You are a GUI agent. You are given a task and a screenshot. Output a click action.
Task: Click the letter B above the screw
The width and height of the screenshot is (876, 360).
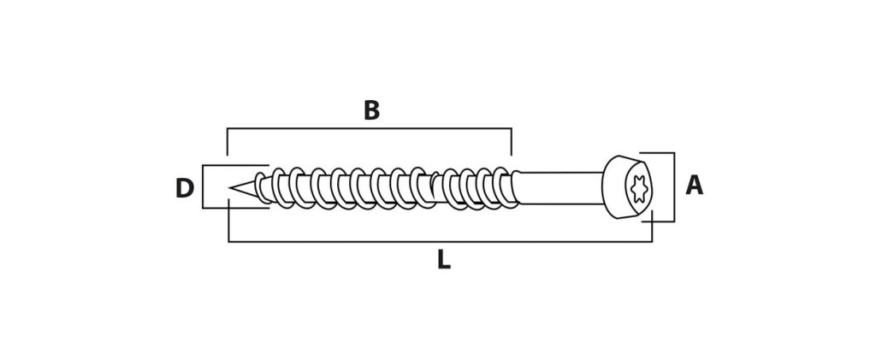point(371,110)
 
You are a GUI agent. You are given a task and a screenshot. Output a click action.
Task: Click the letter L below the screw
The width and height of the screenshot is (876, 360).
point(444,260)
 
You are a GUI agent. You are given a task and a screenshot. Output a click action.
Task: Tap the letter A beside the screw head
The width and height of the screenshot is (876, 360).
point(695,186)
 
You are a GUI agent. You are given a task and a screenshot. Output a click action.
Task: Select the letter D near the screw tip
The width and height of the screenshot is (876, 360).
point(185,189)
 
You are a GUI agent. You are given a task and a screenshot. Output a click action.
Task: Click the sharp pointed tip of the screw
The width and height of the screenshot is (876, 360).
point(230,189)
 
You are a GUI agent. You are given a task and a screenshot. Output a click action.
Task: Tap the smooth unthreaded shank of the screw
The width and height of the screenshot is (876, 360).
point(560,188)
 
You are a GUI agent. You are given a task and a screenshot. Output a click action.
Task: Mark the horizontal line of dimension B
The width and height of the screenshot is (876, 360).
point(370,129)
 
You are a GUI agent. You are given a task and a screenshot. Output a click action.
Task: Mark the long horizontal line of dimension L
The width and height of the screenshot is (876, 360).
point(441,242)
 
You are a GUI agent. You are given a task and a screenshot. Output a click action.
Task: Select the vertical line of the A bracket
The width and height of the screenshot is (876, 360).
point(674,187)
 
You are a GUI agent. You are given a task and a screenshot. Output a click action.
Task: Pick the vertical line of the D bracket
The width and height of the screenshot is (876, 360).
point(203,187)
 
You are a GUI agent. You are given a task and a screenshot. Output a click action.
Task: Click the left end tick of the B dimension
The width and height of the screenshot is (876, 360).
point(228,142)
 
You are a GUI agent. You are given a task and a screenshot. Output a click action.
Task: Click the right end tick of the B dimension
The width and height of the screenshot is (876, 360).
point(512,142)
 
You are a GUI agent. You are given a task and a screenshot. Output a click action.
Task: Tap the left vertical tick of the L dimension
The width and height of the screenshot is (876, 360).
point(229,221)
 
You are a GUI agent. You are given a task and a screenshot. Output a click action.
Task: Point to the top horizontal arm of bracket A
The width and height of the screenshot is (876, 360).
point(657,153)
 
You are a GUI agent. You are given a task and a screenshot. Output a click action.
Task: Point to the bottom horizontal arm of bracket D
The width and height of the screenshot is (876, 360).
point(235,208)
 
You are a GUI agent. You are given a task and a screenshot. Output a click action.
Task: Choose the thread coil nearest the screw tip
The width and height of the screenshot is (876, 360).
point(260,187)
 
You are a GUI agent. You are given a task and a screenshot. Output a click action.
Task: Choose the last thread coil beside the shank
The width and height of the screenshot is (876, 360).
point(506,187)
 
